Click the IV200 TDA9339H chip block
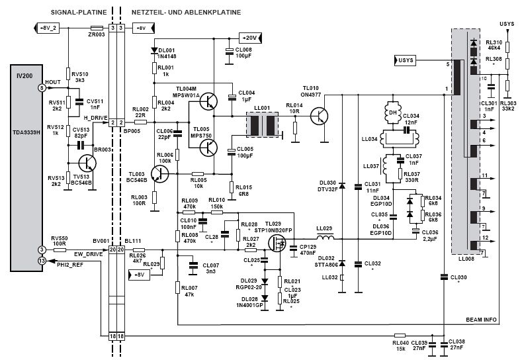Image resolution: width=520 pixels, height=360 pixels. coord(29,165)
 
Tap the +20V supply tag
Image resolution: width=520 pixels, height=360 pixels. coord(251,38)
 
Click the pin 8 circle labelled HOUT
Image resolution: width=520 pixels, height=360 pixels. coord(41,87)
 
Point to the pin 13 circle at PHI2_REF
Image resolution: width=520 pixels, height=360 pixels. coord(41,261)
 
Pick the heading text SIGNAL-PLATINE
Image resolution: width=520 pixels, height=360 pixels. coord(75,13)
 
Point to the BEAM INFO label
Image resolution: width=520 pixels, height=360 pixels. coord(481,320)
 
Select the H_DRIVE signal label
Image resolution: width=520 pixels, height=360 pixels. coord(95,117)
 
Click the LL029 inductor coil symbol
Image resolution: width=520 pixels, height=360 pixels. coord(324,238)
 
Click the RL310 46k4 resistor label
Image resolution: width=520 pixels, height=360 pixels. coord(493,46)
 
